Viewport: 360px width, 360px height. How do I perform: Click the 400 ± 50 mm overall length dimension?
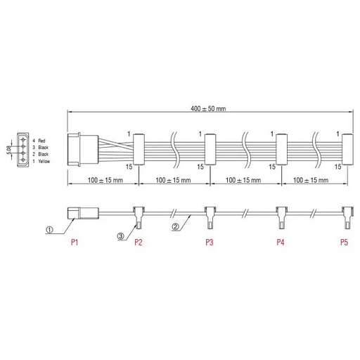(x=208, y=109)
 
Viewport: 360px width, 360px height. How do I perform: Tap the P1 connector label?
(x=75, y=242)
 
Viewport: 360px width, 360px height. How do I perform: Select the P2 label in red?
(x=139, y=242)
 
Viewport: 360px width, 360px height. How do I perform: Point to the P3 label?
(x=210, y=242)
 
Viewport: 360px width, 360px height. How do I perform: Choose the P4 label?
(x=281, y=242)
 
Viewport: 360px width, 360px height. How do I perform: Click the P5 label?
(x=344, y=242)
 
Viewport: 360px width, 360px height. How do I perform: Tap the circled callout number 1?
(x=49, y=230)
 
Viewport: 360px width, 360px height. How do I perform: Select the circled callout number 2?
(x=175, y=226)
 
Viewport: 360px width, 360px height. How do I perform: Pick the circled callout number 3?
(x=120, y=236)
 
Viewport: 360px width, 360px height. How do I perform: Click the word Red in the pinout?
(x=41, y=141)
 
